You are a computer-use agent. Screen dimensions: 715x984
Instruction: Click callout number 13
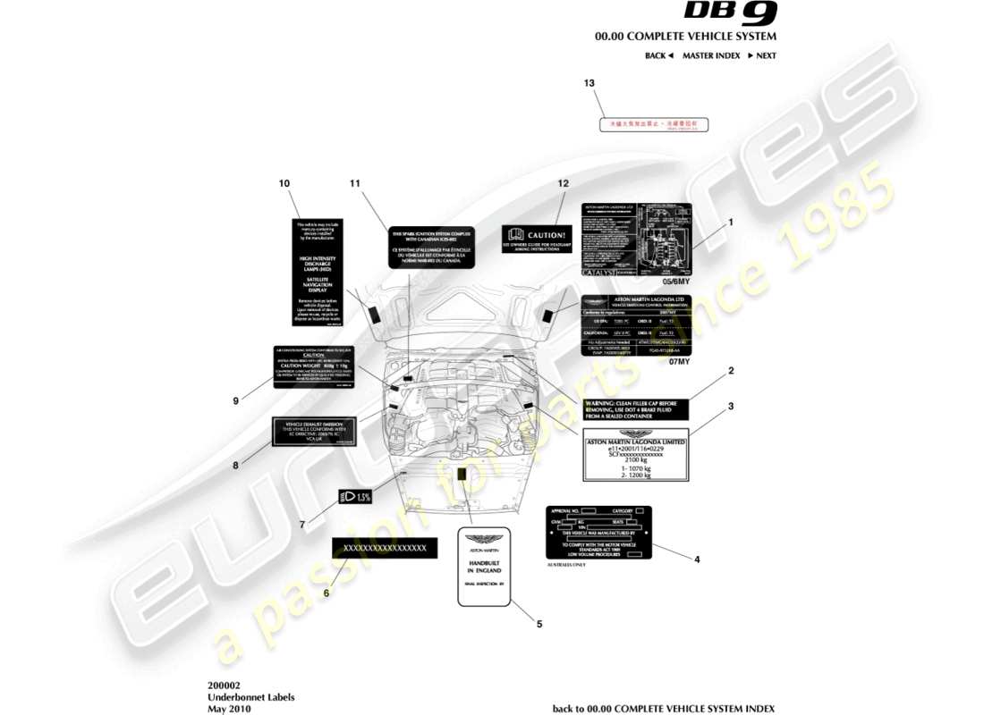click(x=589, y=83)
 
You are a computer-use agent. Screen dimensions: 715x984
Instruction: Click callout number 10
click(x=284, y=183)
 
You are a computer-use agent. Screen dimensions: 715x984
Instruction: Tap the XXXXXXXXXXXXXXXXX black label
click(x=385, y=548)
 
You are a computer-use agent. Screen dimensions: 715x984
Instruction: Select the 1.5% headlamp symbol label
click(x=354, y=497)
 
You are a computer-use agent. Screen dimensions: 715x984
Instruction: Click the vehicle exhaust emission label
click(x=314, y=432)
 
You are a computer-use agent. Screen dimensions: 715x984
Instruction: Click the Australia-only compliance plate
click(x=598, y=533)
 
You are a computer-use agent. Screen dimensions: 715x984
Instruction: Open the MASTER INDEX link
click(x=711, y=55)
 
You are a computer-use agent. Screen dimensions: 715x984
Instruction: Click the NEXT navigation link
click(x=762, y=55)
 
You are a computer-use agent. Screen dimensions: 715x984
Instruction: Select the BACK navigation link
click(x=658, y=55)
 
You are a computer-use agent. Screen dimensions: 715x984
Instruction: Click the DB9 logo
click(x=731, y=13)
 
